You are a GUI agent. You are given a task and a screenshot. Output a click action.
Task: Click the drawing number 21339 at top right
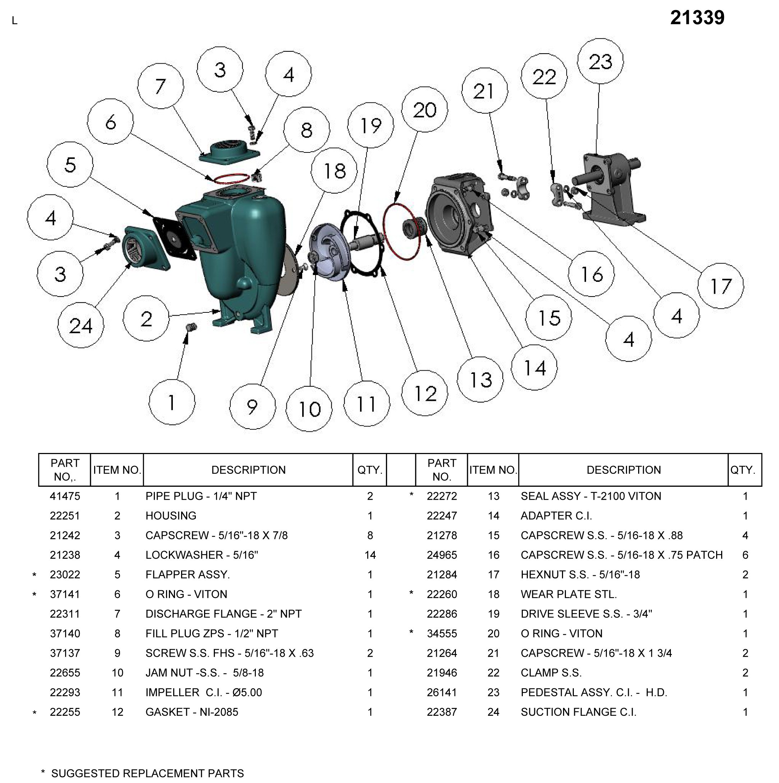(697, 18)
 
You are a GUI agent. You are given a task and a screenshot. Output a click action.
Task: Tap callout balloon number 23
(600, 61)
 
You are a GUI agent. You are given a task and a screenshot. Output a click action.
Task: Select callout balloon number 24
(80, 325)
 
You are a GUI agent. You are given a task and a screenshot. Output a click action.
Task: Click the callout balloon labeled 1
(172, 402)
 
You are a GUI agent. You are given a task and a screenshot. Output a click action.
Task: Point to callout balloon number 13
(480, 379)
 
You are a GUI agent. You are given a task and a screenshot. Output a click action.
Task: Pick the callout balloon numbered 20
(425, 109)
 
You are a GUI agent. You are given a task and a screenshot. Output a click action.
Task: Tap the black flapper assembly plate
(175, 239)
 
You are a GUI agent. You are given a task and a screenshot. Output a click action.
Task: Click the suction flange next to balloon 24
(142, 248)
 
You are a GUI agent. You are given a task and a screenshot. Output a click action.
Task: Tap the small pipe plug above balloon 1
(191, 327)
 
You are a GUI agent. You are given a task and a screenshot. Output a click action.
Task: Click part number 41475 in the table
(65, 496)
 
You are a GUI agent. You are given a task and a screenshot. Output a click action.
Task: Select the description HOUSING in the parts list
(171, 516)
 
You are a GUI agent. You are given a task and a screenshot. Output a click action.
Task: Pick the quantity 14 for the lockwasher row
(369, 555)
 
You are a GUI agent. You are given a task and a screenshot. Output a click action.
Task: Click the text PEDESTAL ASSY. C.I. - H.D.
(594, 692)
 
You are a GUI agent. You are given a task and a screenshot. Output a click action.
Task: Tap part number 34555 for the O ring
(442, 633)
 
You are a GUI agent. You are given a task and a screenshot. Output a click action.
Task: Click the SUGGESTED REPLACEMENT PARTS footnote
(147, 773)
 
